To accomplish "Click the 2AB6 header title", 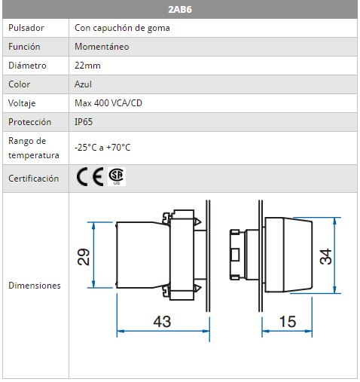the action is [x=180, y=10].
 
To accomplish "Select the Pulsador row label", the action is [x=26, y=28].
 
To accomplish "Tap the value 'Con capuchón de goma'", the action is [x=122, y=28].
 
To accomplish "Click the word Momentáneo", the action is [x=102, y=47].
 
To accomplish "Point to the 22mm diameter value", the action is [x=87, y=66].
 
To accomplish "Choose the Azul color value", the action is [x=83, y=84].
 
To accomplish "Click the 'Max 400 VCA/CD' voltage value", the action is [x=108, y=103].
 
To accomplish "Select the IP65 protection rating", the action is [x=84, y=122].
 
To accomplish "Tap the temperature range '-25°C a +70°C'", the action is [x=102, y=147].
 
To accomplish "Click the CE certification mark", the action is [x=90, y=176].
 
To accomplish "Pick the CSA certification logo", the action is [x=117, y=176].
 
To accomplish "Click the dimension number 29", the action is [x=83, y=257].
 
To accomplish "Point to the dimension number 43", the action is [x=162, y=322].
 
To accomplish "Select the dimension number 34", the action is [x=325, y=256].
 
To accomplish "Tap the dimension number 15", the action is [x=288, y=322].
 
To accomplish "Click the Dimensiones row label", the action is [x=35, y=286].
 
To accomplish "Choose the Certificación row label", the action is [x=34, y=179].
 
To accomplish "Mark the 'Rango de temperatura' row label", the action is [x=34, y=148].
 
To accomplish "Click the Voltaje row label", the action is [x=22, y=103].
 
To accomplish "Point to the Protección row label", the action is [x=30, y=122].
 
